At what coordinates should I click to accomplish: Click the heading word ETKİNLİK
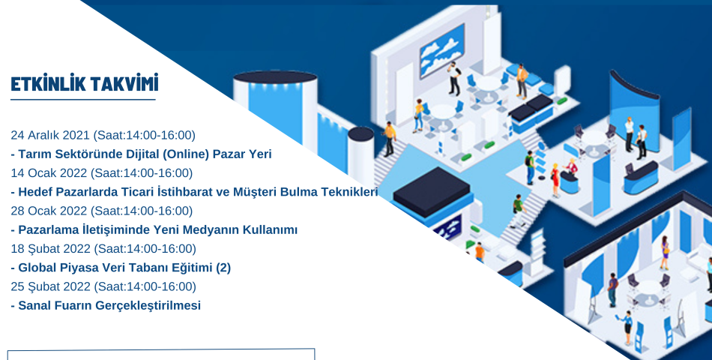tap(46, 84)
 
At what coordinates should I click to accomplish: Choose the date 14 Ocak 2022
tap(49, 172)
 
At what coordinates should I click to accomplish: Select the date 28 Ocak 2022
tap(49, 211)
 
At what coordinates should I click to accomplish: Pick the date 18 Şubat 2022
tap(51, 249)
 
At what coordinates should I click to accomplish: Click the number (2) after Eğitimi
tap(223, 268)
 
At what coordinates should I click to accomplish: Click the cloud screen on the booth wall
tap(442, 51)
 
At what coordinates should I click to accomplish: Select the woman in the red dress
tap(555, 181)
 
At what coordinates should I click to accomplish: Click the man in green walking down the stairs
tap(517, 211)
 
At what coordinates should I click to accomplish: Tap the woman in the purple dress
tap(665, 253)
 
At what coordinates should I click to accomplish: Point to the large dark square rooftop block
tap(432, 190)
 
